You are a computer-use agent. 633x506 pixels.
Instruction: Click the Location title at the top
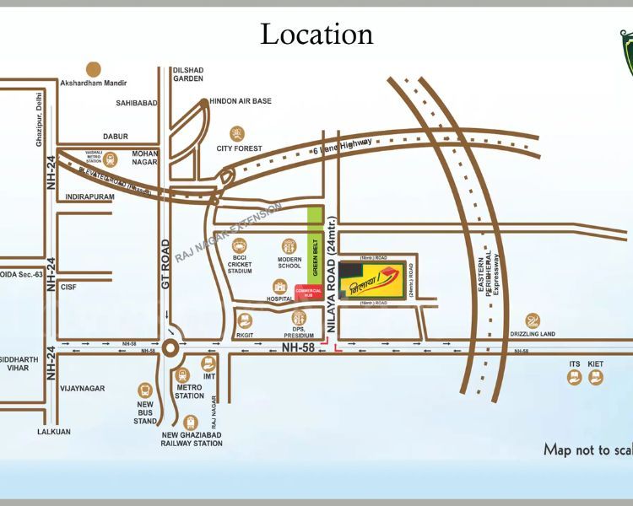(x=316, y=34)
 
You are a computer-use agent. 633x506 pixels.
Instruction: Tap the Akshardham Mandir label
(x=94, y=83)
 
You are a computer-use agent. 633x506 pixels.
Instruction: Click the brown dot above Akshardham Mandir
(x=94, y=68)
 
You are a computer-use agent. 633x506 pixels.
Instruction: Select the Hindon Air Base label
(x=241, y=101)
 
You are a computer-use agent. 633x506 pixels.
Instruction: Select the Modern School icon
(x=289, y=247)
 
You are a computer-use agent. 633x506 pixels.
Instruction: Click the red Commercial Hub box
(x=308, y=293)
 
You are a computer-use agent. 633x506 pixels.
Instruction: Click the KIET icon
(x=596, y=377)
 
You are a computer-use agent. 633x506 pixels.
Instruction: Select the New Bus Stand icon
(x=145, y=390)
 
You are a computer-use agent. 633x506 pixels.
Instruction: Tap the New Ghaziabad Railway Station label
(x=192, y=439)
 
